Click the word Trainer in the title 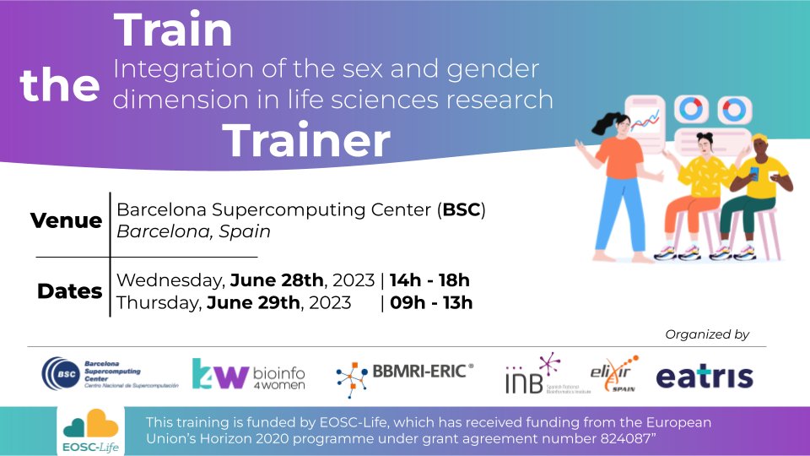pos(307,141)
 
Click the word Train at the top pos(174,30)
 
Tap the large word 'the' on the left pos(60,86)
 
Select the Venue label pos(66,221)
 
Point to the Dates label pos(69,292)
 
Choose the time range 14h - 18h pos(429,280)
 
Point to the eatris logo pos(705,377)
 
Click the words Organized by pos(707,334)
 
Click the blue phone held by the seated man pos(754,172)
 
